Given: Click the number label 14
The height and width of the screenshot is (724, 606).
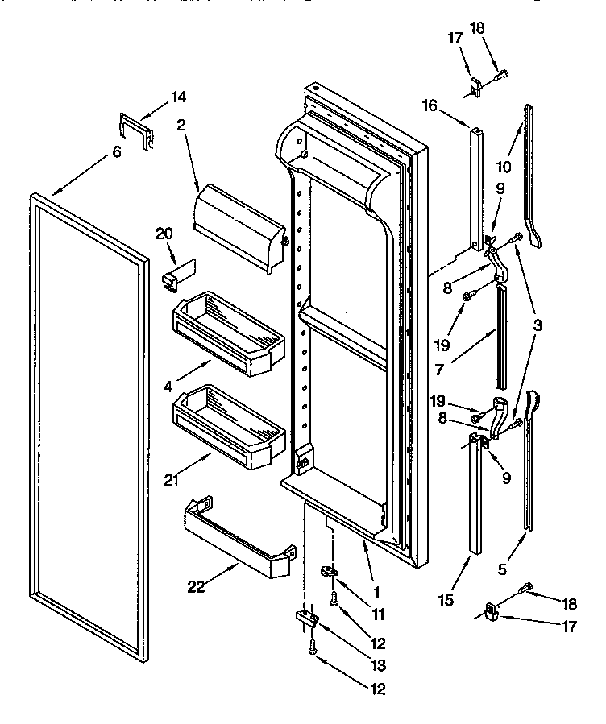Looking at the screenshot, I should [178, 97].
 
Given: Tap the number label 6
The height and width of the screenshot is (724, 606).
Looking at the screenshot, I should [117, 152].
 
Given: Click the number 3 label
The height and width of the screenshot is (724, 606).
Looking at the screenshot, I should [537, 326].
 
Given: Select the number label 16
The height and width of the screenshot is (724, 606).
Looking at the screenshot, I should [429, 104].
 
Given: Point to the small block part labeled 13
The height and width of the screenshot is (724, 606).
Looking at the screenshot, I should [308, 619].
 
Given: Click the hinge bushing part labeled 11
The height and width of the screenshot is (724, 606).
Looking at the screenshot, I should [330, 572].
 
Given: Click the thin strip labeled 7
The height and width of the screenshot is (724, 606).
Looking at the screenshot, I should [502, 334].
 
